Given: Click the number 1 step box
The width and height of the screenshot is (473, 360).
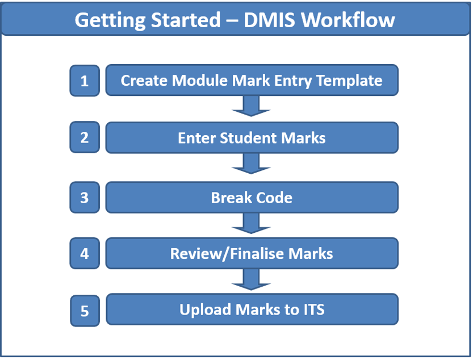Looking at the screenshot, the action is (x=85, y=81).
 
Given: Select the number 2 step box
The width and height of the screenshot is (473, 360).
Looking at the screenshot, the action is (x=85, y=137).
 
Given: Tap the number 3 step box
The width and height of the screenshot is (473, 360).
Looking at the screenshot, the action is (x=85, y=198).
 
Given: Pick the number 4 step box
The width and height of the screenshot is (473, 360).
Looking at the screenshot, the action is (x=85, y=253).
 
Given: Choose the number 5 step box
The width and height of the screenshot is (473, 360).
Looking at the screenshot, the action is (x=85, y=311).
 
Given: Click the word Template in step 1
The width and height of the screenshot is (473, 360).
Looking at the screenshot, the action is (x=349, y=81).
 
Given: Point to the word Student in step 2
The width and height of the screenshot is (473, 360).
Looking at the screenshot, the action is (x=248, y=138).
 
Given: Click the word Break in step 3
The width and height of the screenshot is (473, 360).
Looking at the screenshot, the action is (x=231, y=198).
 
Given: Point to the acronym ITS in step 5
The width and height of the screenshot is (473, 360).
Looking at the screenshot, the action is (x=313, y=309).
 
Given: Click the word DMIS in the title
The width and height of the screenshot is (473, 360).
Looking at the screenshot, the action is (x=269, y=20).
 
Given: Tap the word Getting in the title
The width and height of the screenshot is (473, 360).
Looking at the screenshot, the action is (x=110, y=20).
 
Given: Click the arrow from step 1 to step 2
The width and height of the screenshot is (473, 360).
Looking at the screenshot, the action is (x=251, y=106).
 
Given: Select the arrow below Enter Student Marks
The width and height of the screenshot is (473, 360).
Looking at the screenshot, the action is (x=251, y=164).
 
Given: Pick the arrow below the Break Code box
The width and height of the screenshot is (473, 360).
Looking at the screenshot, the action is (x=251, y=223).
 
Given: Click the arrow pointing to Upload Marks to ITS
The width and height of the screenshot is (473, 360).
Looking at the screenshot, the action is (x=251, y=279).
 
